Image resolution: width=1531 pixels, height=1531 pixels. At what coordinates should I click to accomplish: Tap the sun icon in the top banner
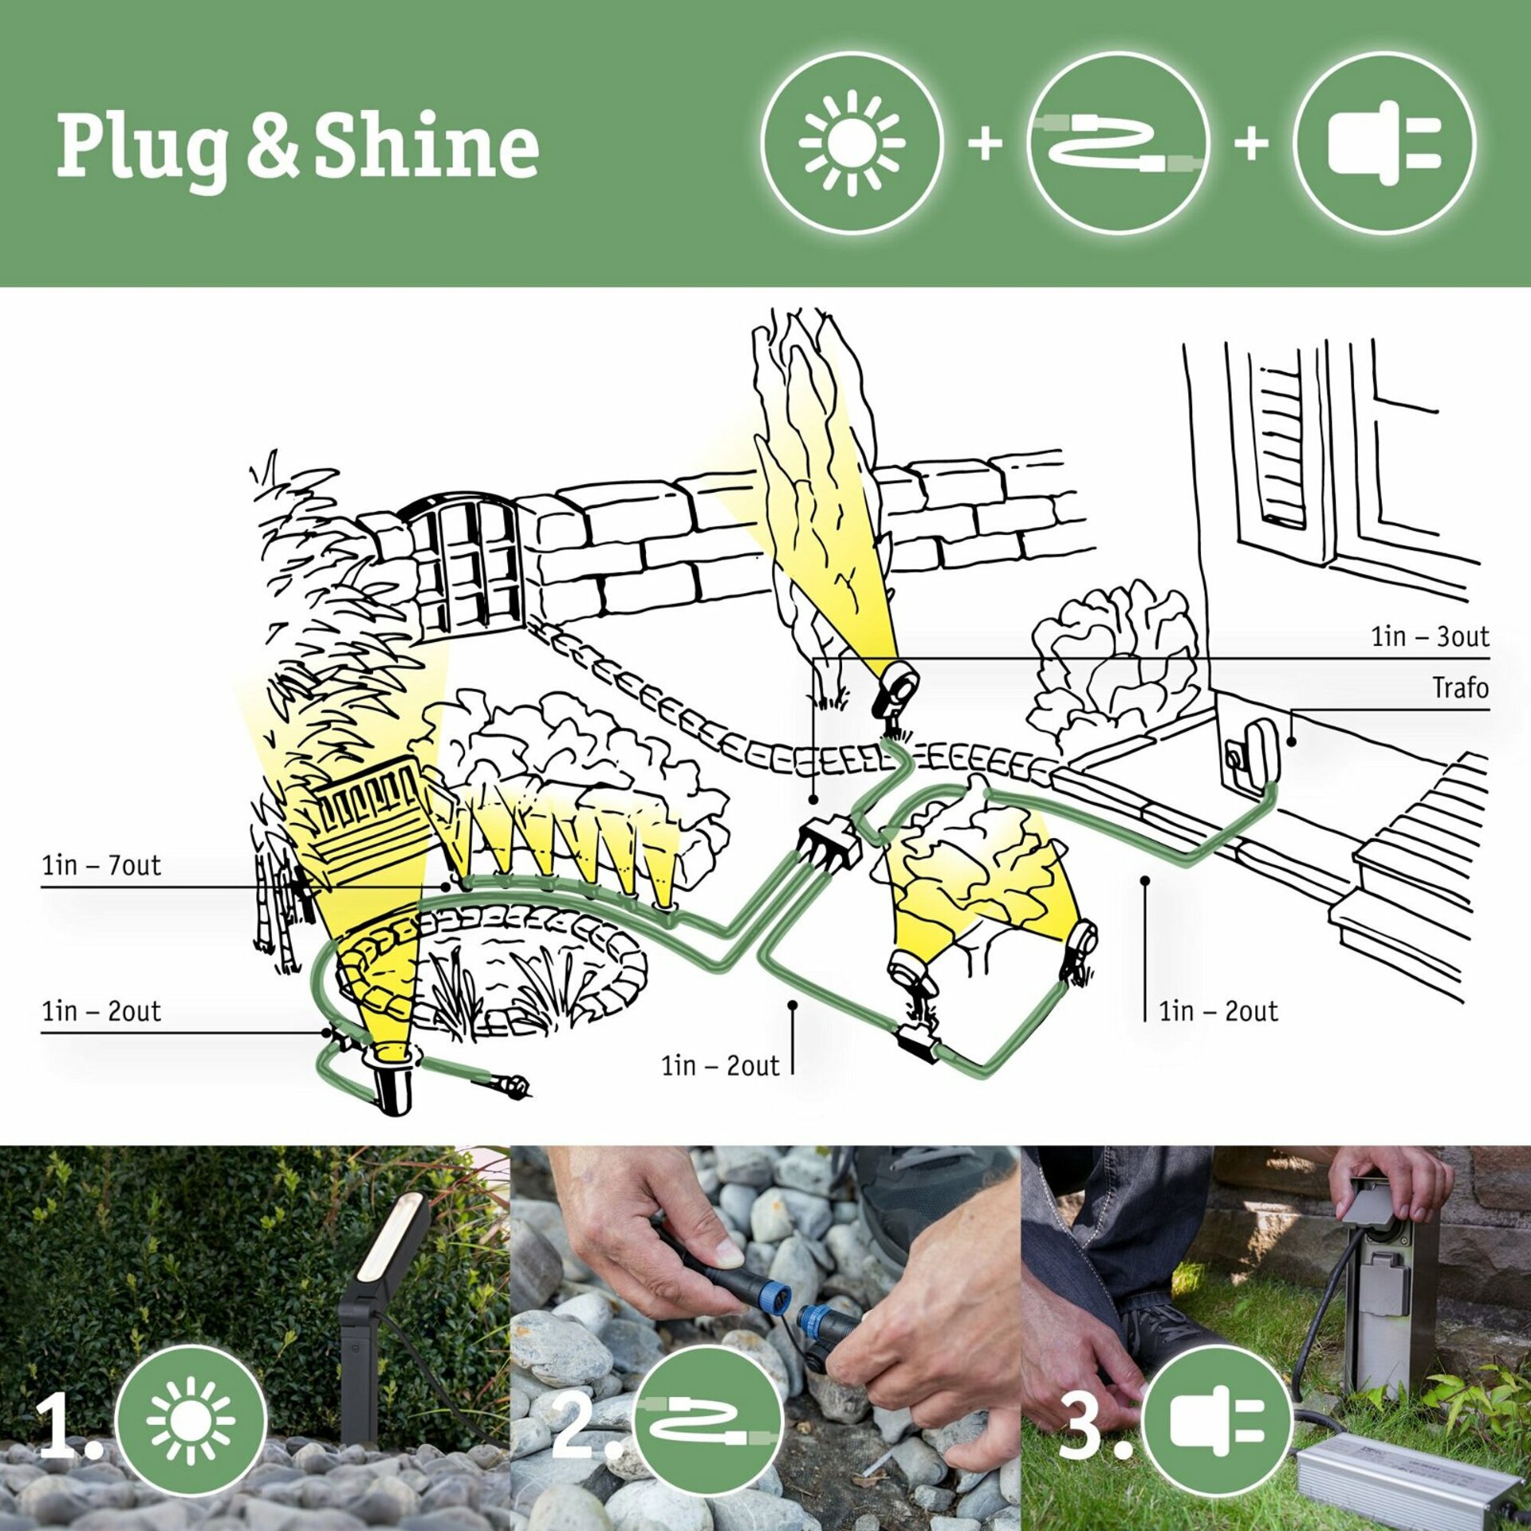(852, 144)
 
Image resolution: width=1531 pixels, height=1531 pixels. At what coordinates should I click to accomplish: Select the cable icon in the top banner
(1118, 144)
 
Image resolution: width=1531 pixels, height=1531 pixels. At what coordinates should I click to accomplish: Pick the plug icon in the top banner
(1384, 144)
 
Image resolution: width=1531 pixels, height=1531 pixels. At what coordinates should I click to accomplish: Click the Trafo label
(1460, 688)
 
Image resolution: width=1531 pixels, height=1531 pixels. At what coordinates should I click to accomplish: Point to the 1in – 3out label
(1430, 637)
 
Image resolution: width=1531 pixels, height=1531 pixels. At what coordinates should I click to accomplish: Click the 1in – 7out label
(101, 865)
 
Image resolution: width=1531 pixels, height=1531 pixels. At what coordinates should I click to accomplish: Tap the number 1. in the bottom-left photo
(68, 1427)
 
